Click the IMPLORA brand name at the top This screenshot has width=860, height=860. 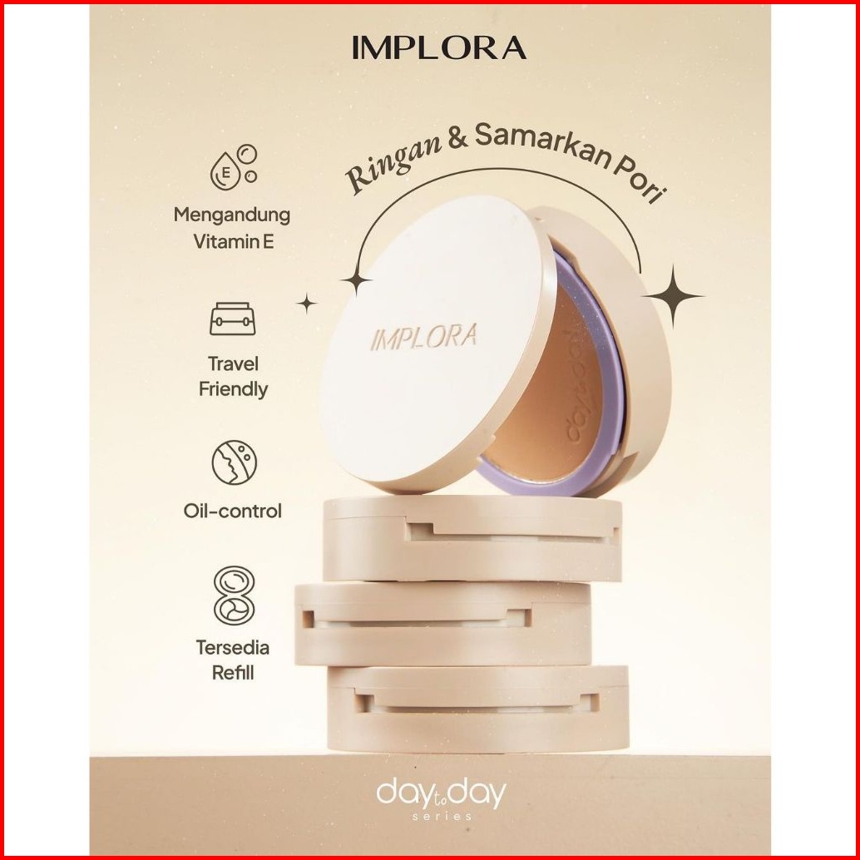point(438,48)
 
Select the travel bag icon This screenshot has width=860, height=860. point(232,319)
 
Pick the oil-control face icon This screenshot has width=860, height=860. point(233,464)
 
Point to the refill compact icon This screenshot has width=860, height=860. point(233,596)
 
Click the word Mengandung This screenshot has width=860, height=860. point(232,215)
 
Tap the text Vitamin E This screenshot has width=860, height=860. point(232,244)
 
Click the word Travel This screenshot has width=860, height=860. point(233,363)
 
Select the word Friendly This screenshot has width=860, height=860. point(233,389)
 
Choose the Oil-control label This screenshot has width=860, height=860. point(233,511)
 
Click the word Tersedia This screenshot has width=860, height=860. point(233,646)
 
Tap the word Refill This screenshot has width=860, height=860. point(233,672)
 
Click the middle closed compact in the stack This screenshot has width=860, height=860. point(442,624)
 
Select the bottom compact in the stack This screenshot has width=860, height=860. point(478,707)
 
